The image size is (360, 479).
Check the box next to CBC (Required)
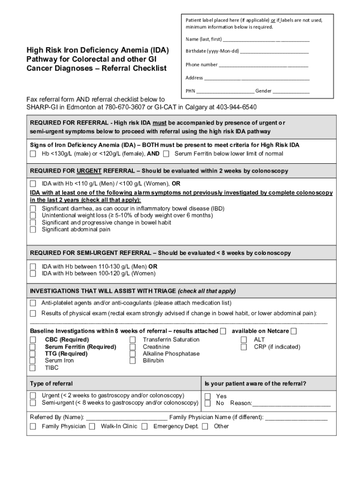tap(33, 340)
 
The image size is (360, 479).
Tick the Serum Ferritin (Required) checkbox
tap(33, 347)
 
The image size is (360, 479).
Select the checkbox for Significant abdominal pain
tap(33, 230)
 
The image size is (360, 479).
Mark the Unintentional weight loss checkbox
tap(33, 216)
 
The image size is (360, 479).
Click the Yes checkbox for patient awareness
tap(208, 396)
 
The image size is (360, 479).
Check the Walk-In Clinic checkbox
tap(92, 426)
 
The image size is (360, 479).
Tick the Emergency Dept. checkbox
tap(145, 426)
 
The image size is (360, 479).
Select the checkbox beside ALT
tap(244, 340)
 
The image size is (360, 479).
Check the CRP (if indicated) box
tap(244, 347)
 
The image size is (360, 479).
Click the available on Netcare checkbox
tap(293, 331)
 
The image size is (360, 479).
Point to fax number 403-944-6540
tap(236, 107)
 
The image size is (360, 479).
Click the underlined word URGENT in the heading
tap(90, 171)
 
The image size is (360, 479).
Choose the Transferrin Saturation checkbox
tap(133, 340)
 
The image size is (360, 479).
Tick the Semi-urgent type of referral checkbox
tap(33, 403)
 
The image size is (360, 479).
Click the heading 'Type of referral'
tap(51, 384)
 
